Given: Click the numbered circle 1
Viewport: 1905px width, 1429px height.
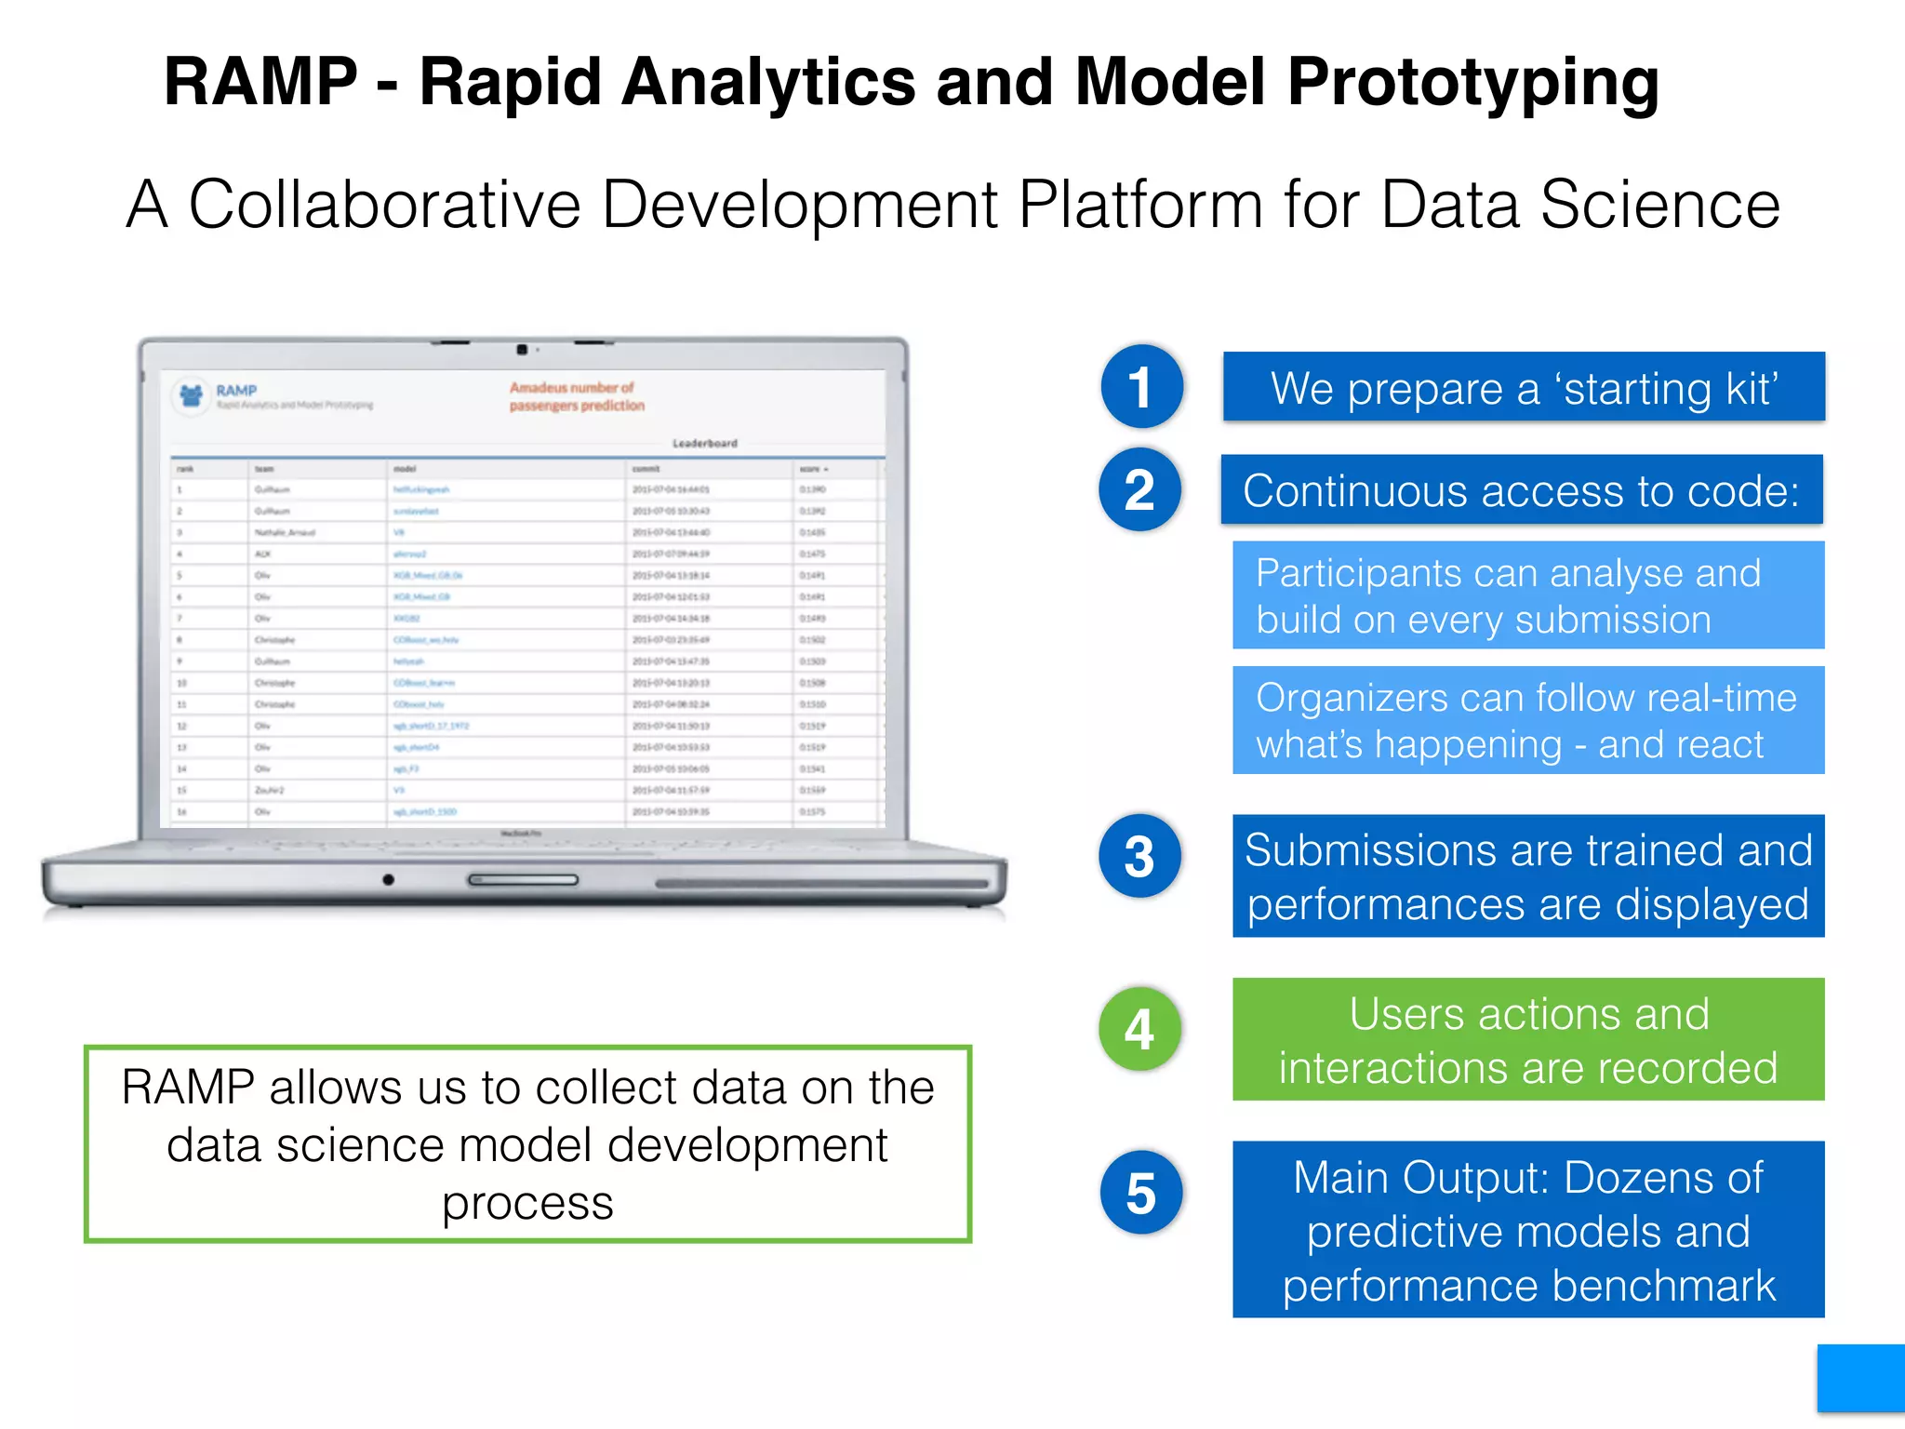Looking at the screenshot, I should click(x=1141, y=386).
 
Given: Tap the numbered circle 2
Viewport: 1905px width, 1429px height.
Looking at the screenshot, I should click(x=1139, y=489).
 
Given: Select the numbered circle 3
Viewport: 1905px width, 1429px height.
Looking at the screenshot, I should click(x=1139, y=856).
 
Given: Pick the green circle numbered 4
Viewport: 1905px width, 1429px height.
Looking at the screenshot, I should click(x=1139, y=1029).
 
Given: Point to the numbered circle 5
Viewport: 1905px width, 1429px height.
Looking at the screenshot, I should click(x=1140, y=1193).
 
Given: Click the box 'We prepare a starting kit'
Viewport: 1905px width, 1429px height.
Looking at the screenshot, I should click(x=1524, y=387).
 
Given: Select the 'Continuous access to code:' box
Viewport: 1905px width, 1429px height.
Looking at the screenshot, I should click(x=1522, y=490).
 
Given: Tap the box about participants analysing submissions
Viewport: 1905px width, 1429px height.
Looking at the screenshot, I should click(x=1527, y=595).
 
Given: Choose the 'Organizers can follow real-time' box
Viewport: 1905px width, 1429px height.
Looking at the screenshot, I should click(x=1527, y=720).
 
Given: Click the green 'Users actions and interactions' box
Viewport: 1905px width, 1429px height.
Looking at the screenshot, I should click(x=1527, y=1039).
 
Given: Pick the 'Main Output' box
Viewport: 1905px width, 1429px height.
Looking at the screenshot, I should click(x=1527, y=1229).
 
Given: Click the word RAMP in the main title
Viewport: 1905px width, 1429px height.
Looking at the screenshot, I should click(x=260, y=82).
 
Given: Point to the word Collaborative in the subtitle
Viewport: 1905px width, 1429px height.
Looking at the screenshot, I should click(x=385, y=205).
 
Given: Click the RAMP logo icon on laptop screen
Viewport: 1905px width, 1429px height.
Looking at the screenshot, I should click(x=192, y=395).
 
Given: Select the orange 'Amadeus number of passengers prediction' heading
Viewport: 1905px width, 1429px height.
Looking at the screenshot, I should click(x=577, y=396).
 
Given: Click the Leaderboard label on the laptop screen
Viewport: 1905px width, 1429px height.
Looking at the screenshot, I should click(x=704, y=443).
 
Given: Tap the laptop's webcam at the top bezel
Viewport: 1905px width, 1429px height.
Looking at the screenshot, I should click(x=522, y=350).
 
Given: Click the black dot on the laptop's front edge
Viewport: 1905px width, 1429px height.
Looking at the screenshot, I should click(x=388, y=879).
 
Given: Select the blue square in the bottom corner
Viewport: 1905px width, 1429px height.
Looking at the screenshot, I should click(x=1860, y=1378).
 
